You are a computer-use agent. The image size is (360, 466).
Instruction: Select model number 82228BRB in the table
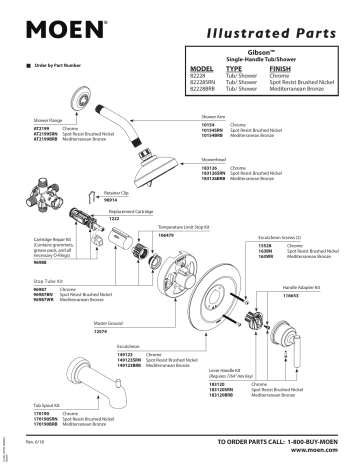point(205,90)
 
